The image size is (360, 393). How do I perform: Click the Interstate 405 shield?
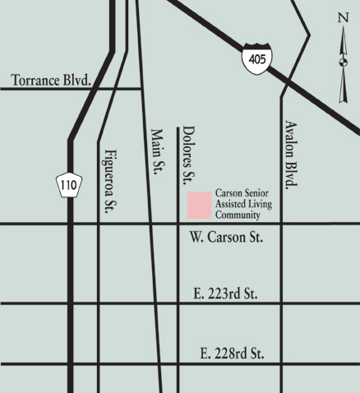pyautogui.click(x=256, y=59)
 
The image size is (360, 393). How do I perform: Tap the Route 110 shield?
pyautogui.click(x=68, y=186)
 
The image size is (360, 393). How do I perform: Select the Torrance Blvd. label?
pyautogui.click(x=51, y=80)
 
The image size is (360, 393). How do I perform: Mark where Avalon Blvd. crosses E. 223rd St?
pyautogui.click(x=282, y=303)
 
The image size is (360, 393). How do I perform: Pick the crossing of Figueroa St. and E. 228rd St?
pyautogui.click(x=99, y=364)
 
